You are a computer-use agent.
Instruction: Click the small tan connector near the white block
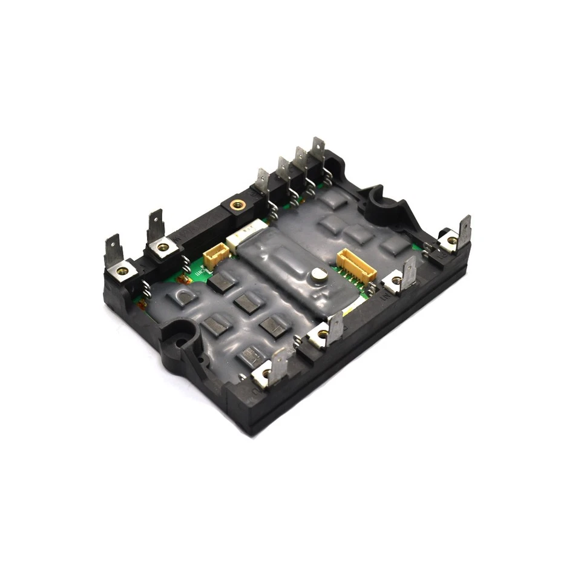point(215,257)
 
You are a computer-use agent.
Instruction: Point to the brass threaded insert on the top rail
point(237,205)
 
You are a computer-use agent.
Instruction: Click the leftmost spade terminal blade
point(113,251)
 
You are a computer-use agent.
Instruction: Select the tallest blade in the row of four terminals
point(318,152)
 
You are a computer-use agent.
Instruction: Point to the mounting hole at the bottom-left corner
point(179,341)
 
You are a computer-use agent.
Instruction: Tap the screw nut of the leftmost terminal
point(122,271)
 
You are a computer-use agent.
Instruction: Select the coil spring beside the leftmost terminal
point(146,290)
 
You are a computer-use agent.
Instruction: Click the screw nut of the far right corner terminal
point(451,241)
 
